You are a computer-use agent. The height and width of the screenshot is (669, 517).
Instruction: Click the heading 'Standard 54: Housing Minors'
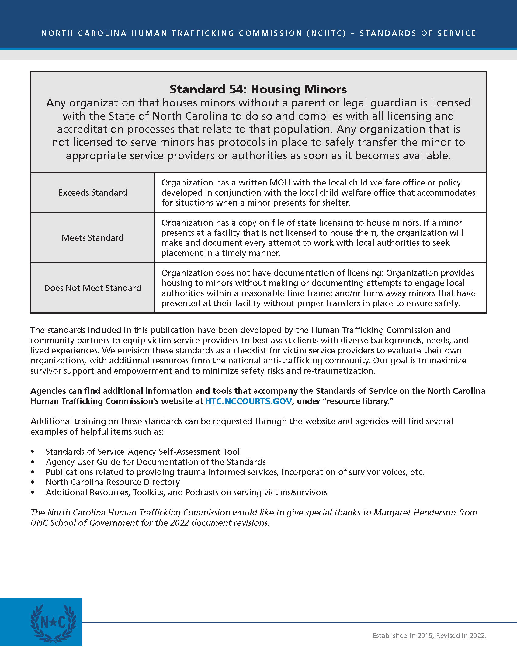pos(258,89)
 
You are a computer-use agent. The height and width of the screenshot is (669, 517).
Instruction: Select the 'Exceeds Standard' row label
pos(92,192)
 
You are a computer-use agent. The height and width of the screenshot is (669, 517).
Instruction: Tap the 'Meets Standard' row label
pos(92,238)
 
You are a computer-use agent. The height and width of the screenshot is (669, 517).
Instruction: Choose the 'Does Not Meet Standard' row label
pos(92,288)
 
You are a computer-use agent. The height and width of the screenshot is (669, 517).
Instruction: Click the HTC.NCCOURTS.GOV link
pos(248,401)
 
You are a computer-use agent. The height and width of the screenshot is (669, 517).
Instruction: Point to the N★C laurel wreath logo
pos(53,623)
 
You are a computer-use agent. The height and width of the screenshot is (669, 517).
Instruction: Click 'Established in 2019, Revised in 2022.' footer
pos(429,636)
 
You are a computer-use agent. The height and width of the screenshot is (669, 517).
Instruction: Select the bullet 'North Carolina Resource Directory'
pos(113,482)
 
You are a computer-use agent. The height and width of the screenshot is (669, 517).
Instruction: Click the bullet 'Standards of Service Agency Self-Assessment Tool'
pos(142,452)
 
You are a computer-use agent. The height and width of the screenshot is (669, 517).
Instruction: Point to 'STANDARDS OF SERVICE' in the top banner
pos(418,33)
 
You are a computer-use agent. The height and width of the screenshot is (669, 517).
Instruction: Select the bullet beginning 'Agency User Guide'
pos(156,462)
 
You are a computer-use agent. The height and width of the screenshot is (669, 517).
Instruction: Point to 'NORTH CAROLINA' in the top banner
pos(84,33)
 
